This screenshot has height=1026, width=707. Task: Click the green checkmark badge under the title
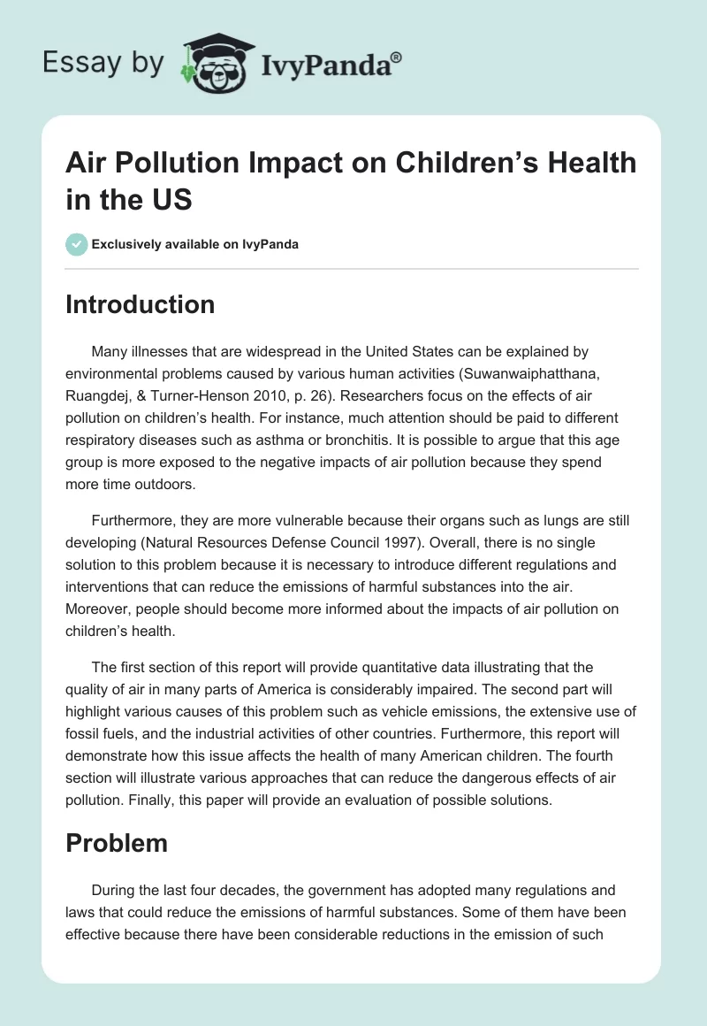77,244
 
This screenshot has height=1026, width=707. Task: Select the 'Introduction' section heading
140,304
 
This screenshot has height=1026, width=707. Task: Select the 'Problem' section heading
117,843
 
